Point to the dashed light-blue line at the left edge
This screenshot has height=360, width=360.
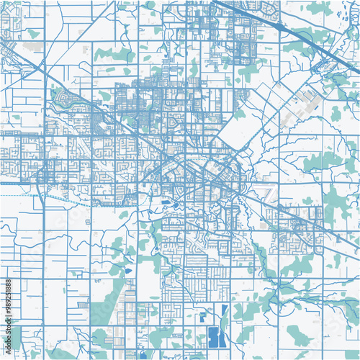tap(18, 195)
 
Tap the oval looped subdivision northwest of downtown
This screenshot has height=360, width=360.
tap(63, 97)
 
